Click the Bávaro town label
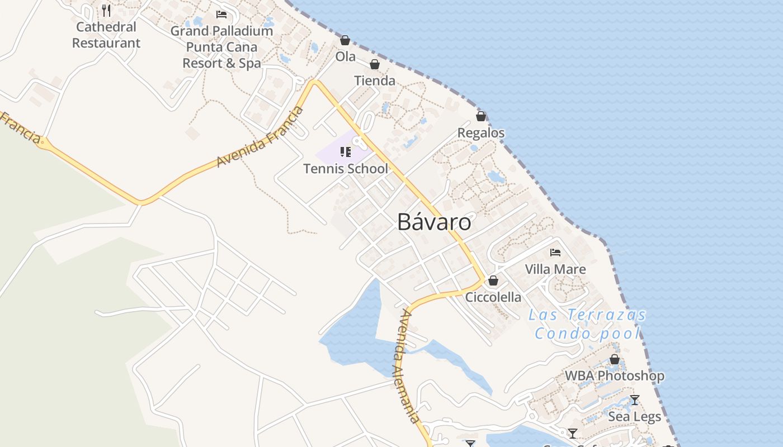coord(434,222)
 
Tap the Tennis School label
coord(346,168)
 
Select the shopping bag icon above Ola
coord(345,40)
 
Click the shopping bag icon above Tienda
coord(375,65)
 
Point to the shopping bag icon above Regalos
coord(480,116)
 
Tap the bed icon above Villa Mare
coord(555,253)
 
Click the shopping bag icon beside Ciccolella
coord(493,280)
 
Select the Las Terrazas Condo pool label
coord(587,324)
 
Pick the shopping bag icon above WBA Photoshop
coord(614,359)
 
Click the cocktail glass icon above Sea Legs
coord(634,400)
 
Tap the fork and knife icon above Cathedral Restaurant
coord(106,11)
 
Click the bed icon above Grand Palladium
coord(221,14)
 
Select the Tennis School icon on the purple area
coord(345,152)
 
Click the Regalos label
coord(481,133)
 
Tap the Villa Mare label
coord(555,269)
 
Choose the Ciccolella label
coord(493,297)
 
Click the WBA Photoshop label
coord(614,376)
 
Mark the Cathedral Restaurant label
coord(106,35)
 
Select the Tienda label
coord(375,81)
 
